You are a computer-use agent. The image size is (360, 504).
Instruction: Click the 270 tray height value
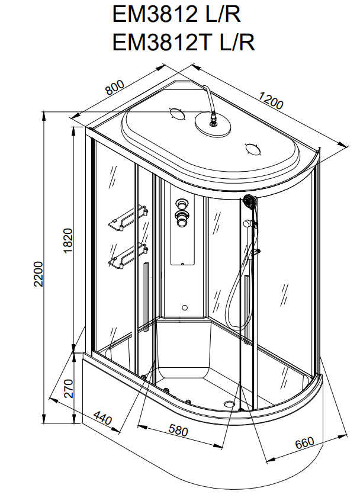click(x=68, y=388)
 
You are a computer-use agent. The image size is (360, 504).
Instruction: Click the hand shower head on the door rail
click(x=249, y=203)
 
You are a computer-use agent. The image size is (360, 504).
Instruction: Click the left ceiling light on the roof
click(x=176, y=114)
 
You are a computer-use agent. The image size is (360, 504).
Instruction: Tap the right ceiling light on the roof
click(x=252, y=149)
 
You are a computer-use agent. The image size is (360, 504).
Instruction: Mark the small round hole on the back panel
click(x=184, y=308)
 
